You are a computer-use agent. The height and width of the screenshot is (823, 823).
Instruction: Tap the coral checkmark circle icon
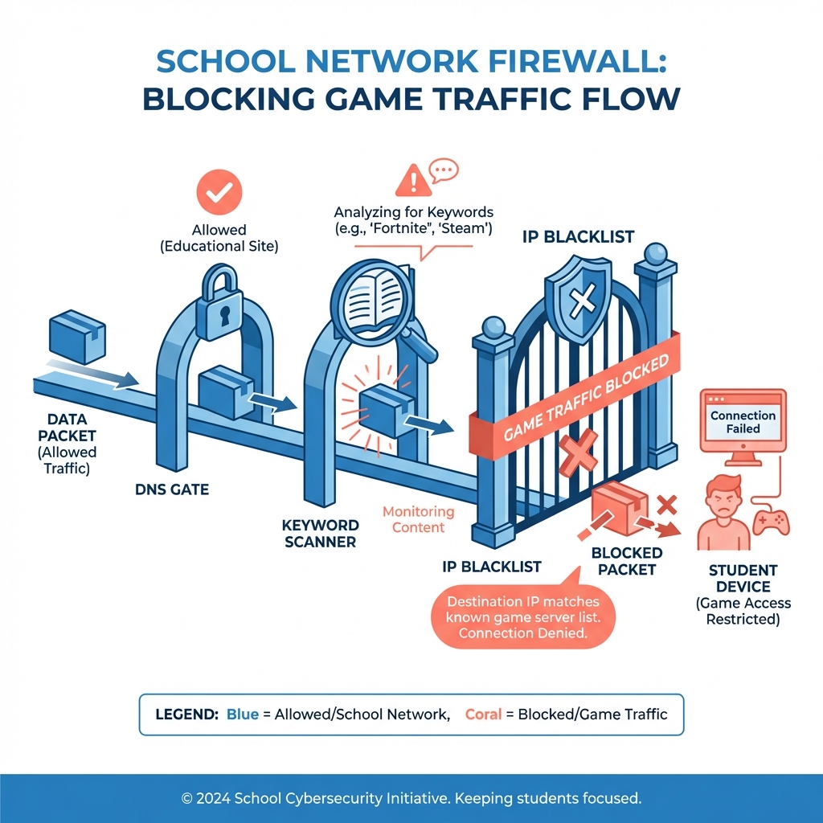[x=219, y=190]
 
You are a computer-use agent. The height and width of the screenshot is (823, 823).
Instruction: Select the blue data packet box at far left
[x=76, y=339]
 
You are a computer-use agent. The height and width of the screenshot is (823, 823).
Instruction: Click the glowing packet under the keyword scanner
[x=387, y=409]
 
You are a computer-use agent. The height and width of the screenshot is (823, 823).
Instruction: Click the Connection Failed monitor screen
[x=743, y=423]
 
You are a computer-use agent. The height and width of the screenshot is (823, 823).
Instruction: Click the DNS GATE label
[x=171, y=489]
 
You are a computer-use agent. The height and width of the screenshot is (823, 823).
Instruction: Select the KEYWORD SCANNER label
[x=321, y=533]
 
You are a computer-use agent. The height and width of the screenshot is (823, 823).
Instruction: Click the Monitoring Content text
[x=417, y=519]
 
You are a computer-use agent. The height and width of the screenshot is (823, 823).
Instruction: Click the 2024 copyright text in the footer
[x=411, y=799]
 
